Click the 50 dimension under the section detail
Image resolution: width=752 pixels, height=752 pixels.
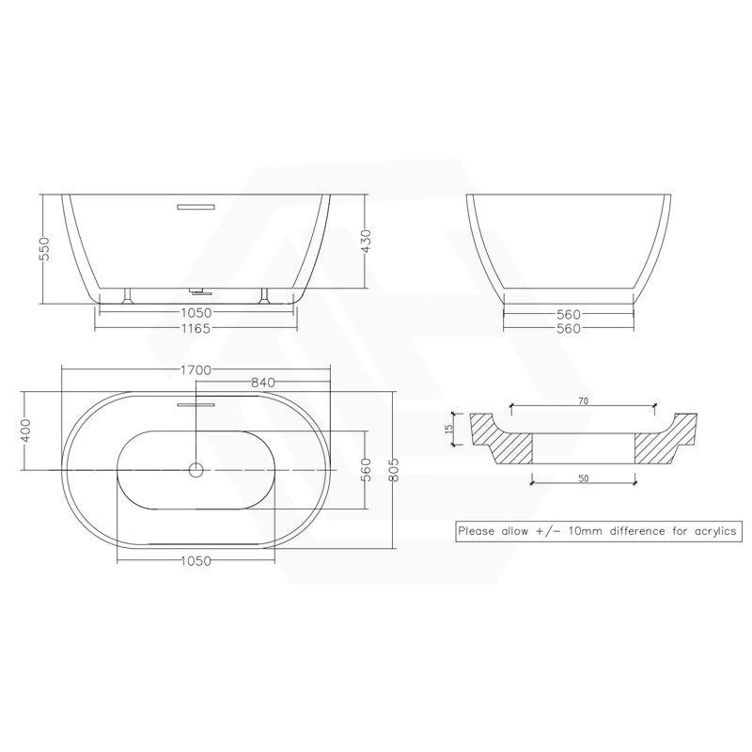coord(583,478)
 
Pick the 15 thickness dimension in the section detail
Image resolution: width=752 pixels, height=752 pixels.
coord(449,427)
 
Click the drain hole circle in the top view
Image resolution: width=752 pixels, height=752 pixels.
coord(196,468)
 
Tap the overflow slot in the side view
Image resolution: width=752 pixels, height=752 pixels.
coord(196,202)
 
